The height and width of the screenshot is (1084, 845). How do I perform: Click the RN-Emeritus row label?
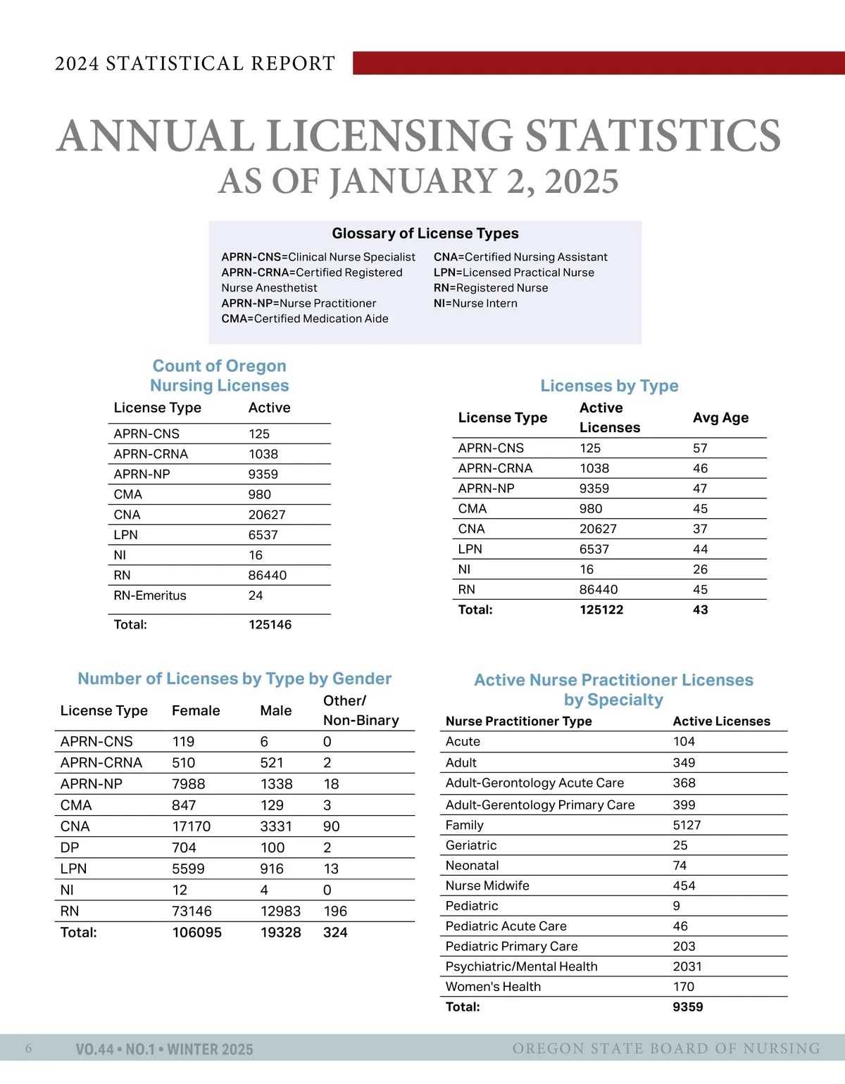click(150, 595)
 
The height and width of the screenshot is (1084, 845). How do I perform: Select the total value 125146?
click(270, 624)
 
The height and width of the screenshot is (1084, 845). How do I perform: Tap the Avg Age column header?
click(720, 417)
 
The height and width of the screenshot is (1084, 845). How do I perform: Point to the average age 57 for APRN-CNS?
click(700, 448)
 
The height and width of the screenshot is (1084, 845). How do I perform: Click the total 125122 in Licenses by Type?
click(601, 610)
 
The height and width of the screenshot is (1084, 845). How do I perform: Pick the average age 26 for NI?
click(700, 569)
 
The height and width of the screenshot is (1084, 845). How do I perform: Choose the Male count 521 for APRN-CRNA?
click(272, 762)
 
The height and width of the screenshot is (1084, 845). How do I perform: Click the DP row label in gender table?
click(70, 847)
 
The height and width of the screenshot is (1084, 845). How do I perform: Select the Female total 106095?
click(197, 933)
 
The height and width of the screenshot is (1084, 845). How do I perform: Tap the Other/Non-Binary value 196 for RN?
click(335, 911)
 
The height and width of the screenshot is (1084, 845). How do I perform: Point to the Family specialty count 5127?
click(687, 825)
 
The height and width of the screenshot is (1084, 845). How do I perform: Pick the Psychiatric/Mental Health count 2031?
click(687, 966)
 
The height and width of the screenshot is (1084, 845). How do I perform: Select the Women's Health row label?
click(493, 987)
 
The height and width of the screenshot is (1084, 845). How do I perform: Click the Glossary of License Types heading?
click(425, 234)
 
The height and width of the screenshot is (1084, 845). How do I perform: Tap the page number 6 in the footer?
click(29, 1049)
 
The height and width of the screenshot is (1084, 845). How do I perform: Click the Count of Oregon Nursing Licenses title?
click(220, 376)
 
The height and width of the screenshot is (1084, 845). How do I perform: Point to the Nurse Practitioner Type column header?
click(518, 721)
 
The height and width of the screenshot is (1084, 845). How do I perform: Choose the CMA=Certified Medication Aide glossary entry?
click(305, 319)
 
